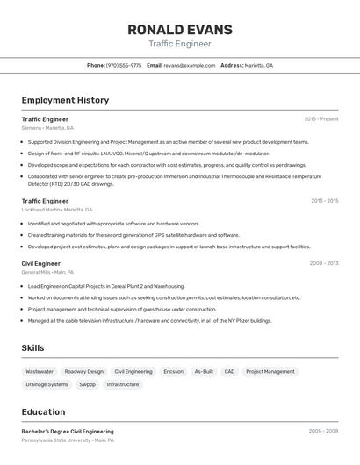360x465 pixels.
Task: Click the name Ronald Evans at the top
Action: (x=180, y=29)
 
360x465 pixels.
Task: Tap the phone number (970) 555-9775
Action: (x=123, y=66)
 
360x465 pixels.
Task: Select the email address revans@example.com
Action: (x=189, y=66)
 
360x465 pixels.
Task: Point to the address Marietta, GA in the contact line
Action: (x=258, y=66)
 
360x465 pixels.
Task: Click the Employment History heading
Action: (x=65, y=100)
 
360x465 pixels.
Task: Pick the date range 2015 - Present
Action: (x=320, y=119)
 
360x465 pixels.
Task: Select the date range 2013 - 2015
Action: (x=324, y=201)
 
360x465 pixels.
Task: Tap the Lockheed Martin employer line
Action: (x=56, y=210)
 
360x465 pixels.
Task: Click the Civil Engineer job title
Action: (x=41, y=263)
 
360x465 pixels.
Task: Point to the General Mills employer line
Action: (x=47, y=272)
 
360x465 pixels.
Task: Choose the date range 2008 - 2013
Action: (x=323, y=263)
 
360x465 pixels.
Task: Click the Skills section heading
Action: (x=32, y=348)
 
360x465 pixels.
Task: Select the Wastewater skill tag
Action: (x=40, y=372)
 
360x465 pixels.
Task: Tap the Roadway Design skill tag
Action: (x=83, y=372)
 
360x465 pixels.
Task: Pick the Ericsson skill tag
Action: (x=173, y=372)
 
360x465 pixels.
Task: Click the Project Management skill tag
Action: (x=270, y=372)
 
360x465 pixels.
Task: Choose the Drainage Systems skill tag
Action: (x=47, y=384)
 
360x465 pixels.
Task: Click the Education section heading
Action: (x=43, y=411)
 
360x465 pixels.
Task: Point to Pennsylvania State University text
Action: (x=55, y=440)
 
